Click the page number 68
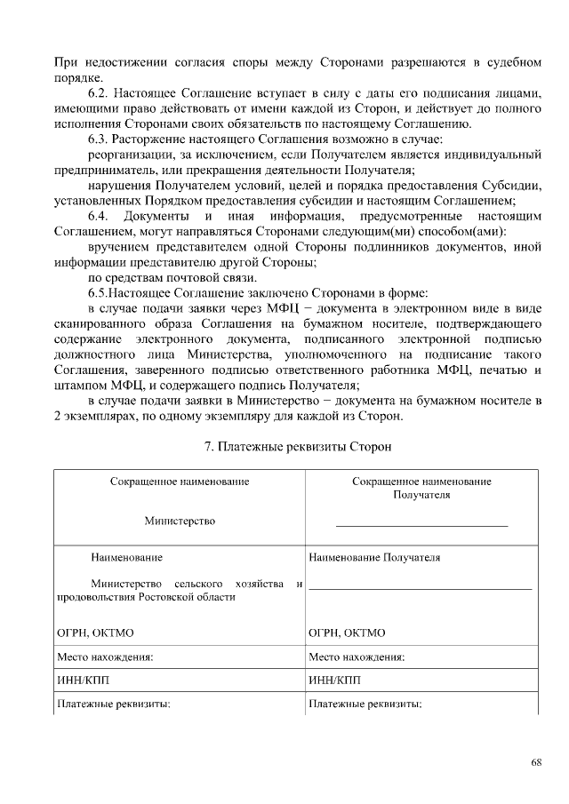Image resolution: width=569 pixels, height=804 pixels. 536,761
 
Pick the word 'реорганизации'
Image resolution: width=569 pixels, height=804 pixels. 127,155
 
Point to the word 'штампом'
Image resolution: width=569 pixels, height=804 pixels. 77,386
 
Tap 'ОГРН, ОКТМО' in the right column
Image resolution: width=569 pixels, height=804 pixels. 347,633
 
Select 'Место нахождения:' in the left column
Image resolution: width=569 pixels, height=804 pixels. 103,657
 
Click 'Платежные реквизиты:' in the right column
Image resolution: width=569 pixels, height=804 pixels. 365,704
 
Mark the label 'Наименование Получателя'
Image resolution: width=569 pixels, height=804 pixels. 373,558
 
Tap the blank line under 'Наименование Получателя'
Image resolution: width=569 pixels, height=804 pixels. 421,588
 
